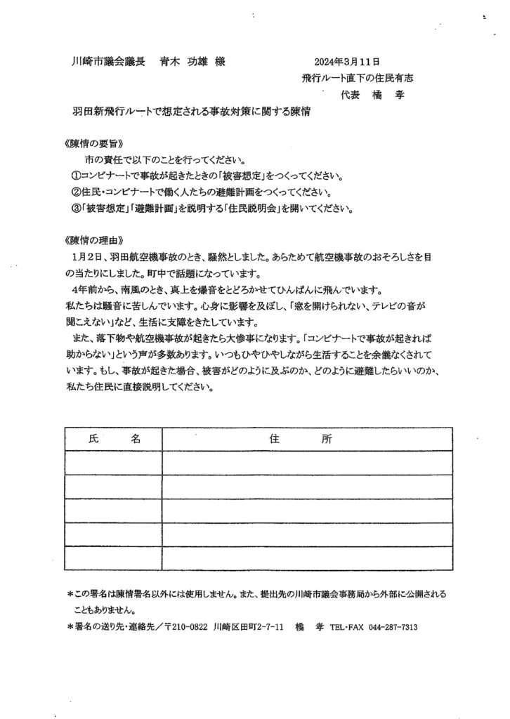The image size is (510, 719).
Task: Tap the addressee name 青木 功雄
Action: pyautogui.click(x=184, y=62)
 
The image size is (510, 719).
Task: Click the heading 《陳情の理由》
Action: pyautogui.click(x=89, y=239)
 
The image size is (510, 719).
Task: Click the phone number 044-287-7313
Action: pyautogui.click(x=391, y=627)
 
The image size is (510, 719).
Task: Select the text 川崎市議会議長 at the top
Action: pyautogui.click(x=109, y=62)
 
